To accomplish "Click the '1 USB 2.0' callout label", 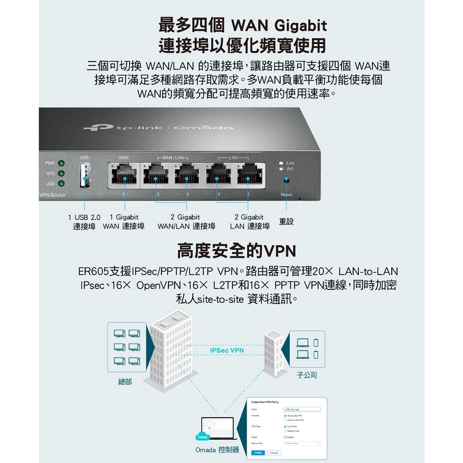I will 84,217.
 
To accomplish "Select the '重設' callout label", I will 286,222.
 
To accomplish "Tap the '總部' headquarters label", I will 125,383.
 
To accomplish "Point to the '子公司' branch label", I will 307,375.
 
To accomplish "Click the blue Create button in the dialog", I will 258,453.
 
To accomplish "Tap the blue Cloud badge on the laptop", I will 203,438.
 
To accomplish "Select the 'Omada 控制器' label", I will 217,450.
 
